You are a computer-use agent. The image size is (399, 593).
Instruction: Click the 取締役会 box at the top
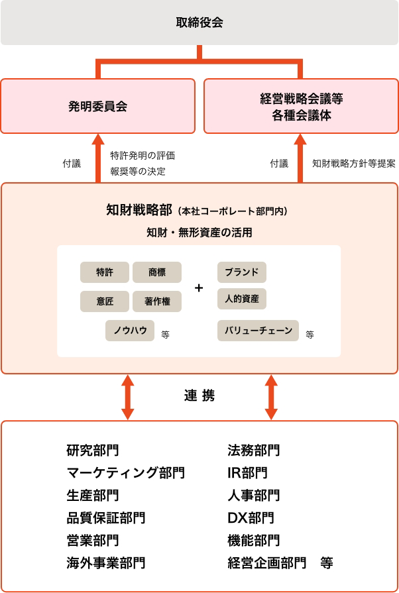pos(199,23)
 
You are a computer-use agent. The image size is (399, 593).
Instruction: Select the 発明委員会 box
pos(98,106)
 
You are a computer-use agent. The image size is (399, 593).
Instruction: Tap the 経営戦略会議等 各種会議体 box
pos(301,106)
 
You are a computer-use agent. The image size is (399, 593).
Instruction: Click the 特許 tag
pos(104,272)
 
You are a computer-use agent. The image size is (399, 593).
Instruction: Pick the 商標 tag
pos(157,272)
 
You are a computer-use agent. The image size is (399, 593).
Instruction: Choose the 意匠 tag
pos(104,301)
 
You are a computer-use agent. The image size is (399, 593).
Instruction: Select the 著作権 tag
pos(157,301)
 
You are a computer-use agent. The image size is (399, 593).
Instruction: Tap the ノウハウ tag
pos(130,330)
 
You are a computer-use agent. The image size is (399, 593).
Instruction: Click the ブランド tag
pos(241,272)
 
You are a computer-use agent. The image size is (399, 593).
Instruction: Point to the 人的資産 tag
pos(241,298)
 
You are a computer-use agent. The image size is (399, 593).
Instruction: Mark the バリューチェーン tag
pos(258,330)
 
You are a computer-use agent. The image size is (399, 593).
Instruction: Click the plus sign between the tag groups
pos(199,288)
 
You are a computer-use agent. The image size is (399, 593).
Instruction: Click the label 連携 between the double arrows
pos(199,396)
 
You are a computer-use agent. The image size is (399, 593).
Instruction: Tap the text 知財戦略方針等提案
pos(353,163)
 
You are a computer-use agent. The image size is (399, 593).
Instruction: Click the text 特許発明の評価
pos(142,156)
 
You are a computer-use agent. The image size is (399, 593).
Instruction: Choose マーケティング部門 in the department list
pos(126,472)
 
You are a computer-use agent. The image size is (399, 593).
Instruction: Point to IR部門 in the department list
pos(247,472)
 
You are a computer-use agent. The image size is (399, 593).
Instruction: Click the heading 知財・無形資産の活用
pos(199,233)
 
